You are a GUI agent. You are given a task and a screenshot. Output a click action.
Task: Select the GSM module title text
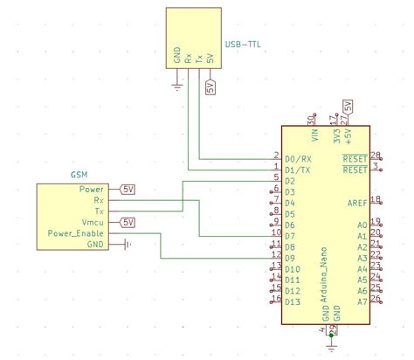79,175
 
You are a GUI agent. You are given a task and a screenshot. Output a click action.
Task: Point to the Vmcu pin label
93,223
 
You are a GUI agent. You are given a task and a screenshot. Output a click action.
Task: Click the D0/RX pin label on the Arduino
299,159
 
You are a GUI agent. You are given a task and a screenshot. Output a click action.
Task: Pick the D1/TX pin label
298,170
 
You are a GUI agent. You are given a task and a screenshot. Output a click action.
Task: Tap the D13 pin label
293,301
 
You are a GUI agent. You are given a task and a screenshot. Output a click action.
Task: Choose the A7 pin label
362,301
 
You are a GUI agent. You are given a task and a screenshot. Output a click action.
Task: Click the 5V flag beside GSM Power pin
128,189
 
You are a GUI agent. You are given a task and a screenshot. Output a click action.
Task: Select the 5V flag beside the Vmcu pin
128,222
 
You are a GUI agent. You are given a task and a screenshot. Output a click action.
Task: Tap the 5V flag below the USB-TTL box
210,86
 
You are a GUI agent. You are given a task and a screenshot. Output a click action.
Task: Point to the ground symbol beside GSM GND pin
128,245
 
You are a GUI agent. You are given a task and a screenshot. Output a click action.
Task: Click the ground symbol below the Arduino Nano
331,345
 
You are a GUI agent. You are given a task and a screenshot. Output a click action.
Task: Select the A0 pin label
362,225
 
